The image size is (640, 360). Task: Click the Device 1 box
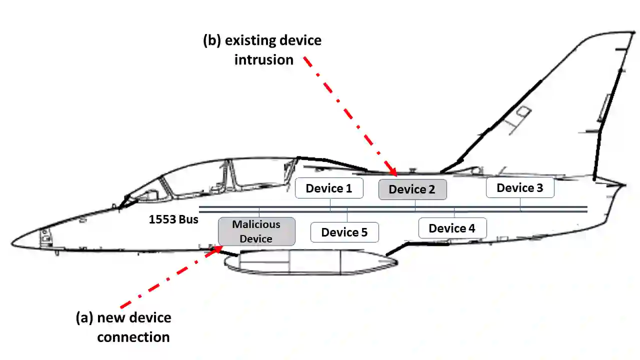(x=329, y=188)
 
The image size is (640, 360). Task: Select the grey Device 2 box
(x=412, y=189)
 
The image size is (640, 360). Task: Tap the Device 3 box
(x=520, y=187)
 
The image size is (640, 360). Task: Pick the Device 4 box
(x=452, y=228)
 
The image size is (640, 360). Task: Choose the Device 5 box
(x=344, y=232)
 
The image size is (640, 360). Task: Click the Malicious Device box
(x=256, y=231)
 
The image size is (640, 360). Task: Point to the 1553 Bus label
(x=173, y=219)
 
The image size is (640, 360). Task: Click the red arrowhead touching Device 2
(x=393, y=173)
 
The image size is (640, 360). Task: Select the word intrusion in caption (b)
(x=264, y=59)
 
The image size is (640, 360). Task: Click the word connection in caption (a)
(x=133, y=336)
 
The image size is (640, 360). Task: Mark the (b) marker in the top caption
(x=212, y=40)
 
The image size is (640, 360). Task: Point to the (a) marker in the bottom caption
(x=84, y=317)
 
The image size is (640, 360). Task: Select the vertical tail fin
(x=575, y=110)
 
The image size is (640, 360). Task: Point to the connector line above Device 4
(x=454, y=212)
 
